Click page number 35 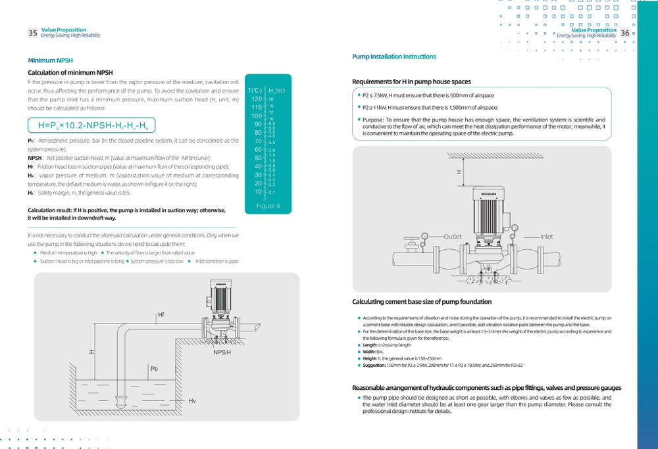pyautogui.click(x=32, y=33)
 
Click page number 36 pyautogui.click(x=624, y=33)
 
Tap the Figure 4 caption pyautogui.click(x=268, y=206)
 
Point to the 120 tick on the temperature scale pyautogui.click(x=257, y=99)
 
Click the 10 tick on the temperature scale pyautogui.click(x=259, y=191)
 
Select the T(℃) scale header pyautogui.click(x=255, y=90)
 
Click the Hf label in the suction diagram pyautogui.click(x=161, y=315)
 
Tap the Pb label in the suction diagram pyautogui.click(x=155, y=369)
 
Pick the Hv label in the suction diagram pyautogui.click(x=192, y=400)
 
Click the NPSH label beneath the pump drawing pyautogui.click(x=222, y=353)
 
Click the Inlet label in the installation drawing pyautogui.click(x=547, y=236)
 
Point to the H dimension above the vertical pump pyautogui.click(x=460, y=172)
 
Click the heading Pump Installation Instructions pyautogui.click(x=394, y=57)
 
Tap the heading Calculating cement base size pyautogui.click(x=422, y=302)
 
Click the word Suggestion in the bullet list pyautogui.click(x=377, y=365)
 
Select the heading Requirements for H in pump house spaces pyautogui.click(x=412, y=82)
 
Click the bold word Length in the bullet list pyautogui.click(x=370, y=345)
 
